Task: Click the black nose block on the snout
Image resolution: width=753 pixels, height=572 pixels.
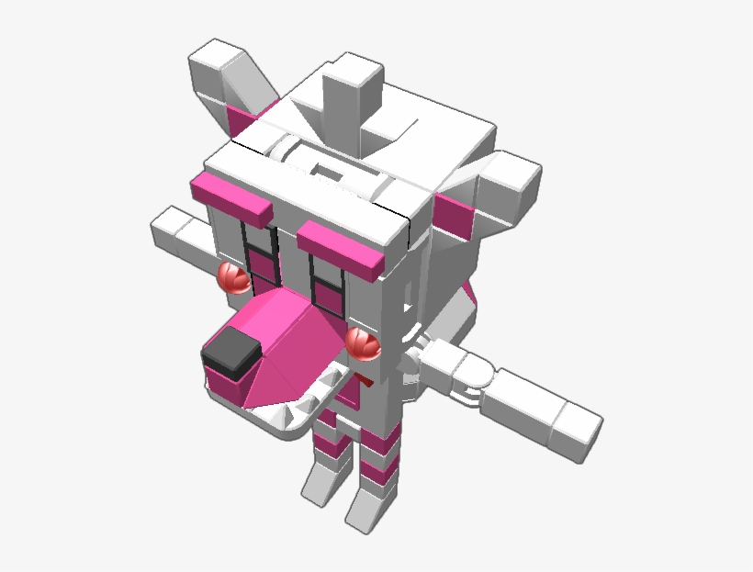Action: tap(230, 354)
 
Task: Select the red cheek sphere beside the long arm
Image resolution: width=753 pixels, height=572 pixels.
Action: tap(363, 343)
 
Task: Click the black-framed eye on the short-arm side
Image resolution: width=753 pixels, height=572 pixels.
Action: tap(261, 252)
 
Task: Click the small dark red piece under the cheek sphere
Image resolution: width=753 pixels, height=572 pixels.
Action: tap(365, 376)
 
